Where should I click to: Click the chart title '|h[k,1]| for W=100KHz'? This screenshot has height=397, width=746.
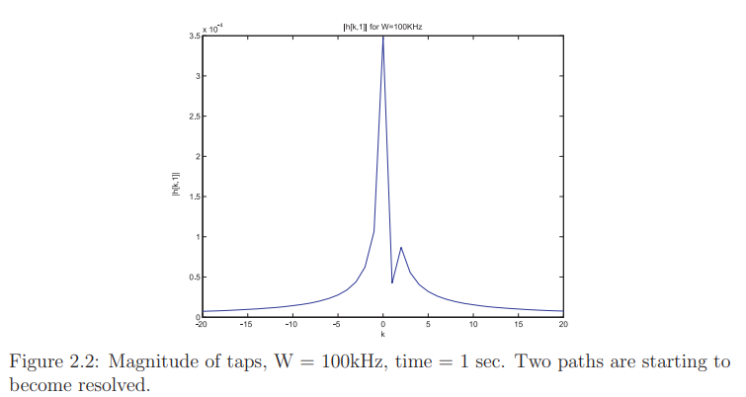[382, 26]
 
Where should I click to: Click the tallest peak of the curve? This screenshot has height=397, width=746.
[382, 37]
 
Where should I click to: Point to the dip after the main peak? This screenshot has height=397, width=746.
[392, 283]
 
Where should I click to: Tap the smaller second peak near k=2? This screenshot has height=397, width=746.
[401, 248]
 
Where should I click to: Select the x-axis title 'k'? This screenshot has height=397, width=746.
[382, 334]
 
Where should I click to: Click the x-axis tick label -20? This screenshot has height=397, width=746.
[201, 324]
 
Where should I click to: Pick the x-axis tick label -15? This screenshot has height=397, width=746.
[246, 324]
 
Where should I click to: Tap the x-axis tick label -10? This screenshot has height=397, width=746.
[291, 324]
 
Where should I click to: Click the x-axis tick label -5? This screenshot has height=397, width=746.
[337, 324]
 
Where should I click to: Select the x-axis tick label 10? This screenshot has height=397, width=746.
[473, 324]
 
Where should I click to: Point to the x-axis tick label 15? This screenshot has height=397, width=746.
[519, 324]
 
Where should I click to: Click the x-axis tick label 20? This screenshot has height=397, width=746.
[563, 324]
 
